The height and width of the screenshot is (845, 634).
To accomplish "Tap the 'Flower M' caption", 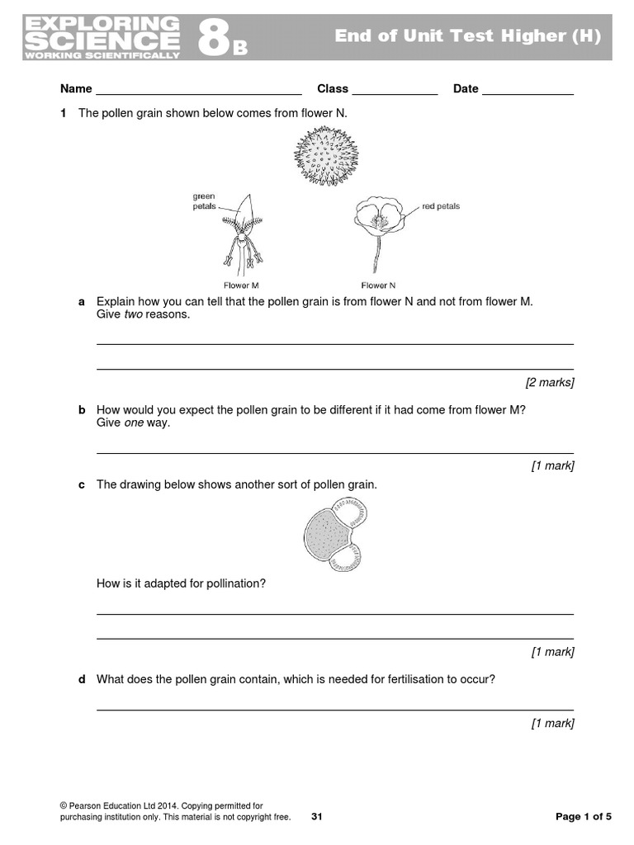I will coord(241,286).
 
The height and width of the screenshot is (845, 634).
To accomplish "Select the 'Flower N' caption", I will coord(378,286).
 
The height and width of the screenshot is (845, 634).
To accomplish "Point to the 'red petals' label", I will coord(441,206).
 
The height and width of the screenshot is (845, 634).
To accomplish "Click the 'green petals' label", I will coord(204,201).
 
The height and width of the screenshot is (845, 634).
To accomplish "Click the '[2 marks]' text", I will coord(550,382).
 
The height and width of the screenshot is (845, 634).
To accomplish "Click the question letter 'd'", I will coord(82,680).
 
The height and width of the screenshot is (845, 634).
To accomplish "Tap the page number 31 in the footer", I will coord(317,817).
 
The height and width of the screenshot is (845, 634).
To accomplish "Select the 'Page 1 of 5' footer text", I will coord(584,817).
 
